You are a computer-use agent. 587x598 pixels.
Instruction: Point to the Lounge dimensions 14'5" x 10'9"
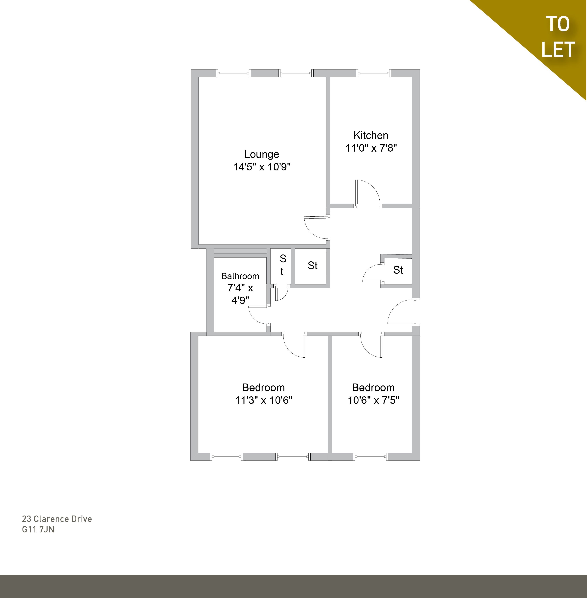(x=262, y=167)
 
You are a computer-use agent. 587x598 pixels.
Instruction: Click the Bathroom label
(x=240, y=276)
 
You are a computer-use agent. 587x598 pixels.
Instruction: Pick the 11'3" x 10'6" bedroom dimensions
(x=264, y=400)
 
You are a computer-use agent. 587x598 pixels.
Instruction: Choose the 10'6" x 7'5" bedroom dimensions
(x=373, y=400)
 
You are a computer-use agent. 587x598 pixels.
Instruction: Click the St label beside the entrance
(x=398, y=270)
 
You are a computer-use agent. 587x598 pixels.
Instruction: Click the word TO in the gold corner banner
(x=558, y=24)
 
